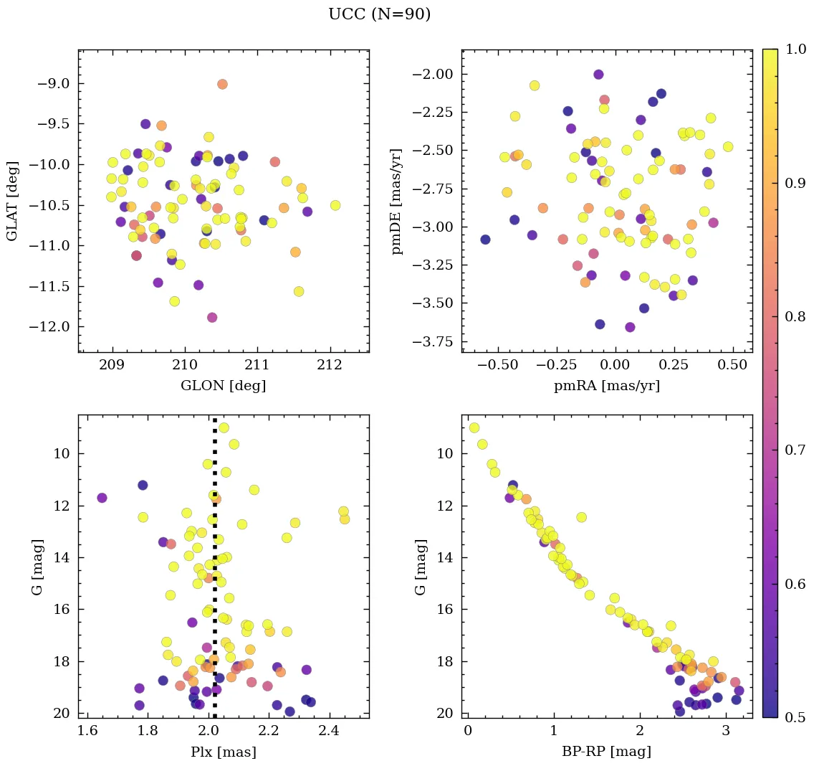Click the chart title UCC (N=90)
pos(379,14)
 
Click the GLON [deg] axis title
pos(224,386)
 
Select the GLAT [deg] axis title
pos(12,201)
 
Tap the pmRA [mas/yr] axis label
pos(607,386)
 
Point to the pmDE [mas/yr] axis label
pos(396,201)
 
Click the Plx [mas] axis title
pos(224,752)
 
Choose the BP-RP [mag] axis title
pos(607,752)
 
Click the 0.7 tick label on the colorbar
pos(796,450)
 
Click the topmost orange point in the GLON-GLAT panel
pos(222,85)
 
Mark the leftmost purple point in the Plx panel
pos(102,498)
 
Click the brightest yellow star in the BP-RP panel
pos(474,428)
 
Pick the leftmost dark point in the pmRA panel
pos(485,240)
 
